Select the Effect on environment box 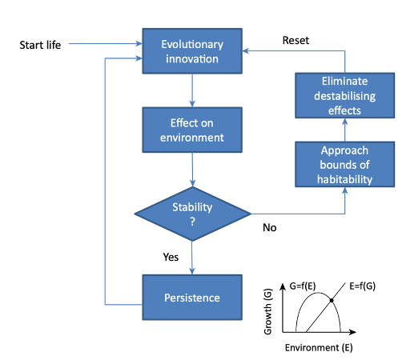point(192,130)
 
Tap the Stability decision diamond point(192,214)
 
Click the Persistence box point(192,297)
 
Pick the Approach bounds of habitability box point(345,164)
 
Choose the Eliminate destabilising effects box point(345,94)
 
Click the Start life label point(40,44)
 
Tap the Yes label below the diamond point(171,258)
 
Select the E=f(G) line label point(365,284)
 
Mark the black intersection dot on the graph point(331,300)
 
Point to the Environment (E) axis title point(319,349)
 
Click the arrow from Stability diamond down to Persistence point(192,258)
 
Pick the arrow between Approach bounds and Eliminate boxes point(345,130)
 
